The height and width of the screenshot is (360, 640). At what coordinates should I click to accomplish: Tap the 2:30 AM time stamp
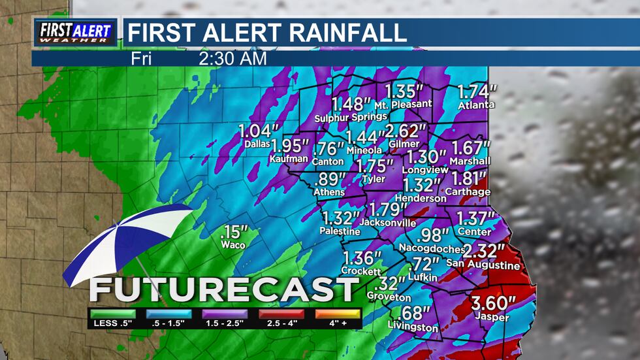(232, 58)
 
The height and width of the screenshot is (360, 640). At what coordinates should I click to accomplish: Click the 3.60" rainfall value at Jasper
(494, 303)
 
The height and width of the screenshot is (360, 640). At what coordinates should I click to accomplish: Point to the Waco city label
(233, 245)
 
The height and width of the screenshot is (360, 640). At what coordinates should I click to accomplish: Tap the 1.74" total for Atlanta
(477, 91)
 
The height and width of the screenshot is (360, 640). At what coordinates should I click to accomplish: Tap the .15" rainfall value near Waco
(234, 232)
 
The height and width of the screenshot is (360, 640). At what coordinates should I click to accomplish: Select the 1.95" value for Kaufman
(290, 146)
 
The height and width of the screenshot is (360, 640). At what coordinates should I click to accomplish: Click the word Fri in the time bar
(142, 58)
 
